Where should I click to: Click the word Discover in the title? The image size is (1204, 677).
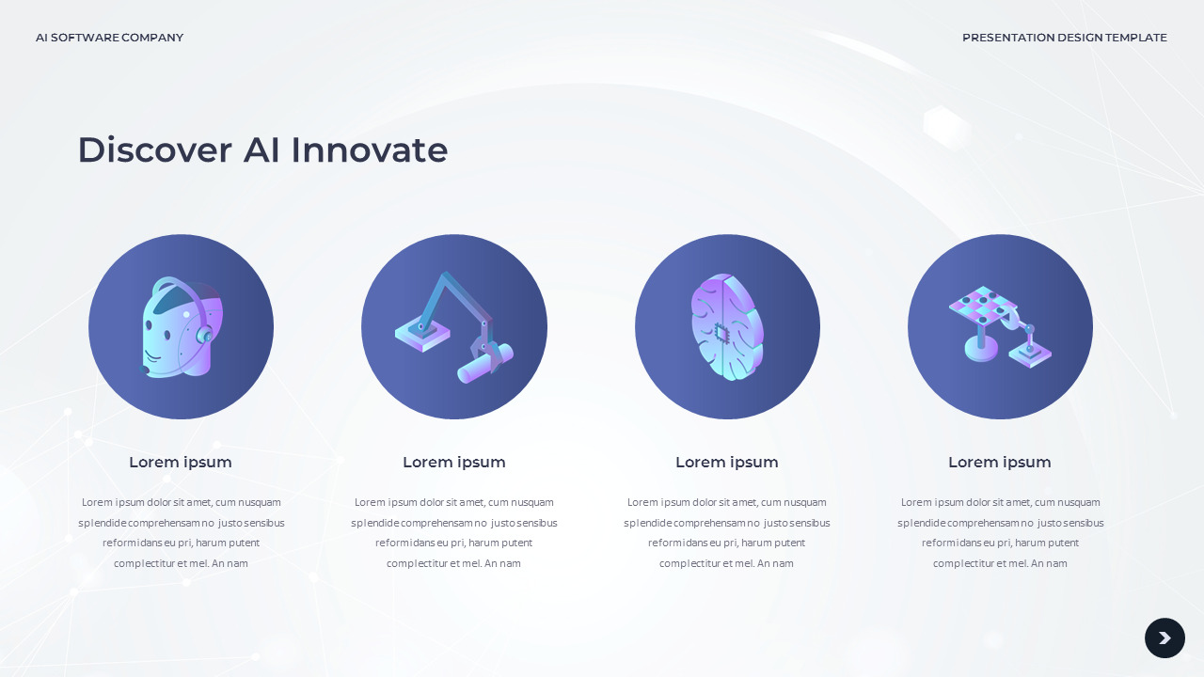(154, 150)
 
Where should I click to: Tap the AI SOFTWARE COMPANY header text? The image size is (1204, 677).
(109, 38)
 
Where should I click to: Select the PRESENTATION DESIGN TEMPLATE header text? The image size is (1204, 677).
(1064, 38)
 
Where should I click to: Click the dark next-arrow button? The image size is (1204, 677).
(1164, 638)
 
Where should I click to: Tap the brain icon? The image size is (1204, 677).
(727, 327)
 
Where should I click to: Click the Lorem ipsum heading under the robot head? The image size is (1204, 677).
(181, 463)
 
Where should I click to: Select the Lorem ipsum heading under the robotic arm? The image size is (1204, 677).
(454, 463)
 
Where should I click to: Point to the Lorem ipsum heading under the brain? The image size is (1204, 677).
(727, 463)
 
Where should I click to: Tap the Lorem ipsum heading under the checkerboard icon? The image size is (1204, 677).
(1000, 463)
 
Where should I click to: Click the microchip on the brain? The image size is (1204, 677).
(721, 332)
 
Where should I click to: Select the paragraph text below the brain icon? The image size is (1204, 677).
(727, 533)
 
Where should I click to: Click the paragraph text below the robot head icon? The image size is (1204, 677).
(181, 533)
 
